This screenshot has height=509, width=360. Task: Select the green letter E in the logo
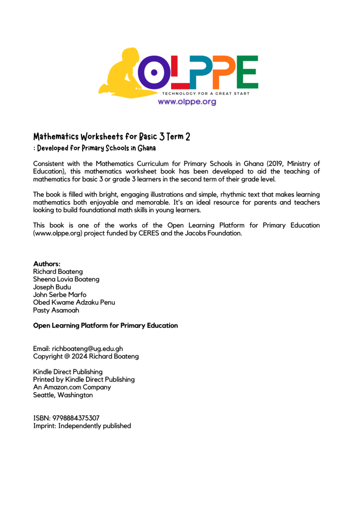[247, 72]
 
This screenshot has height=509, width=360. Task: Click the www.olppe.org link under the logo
[187, 102]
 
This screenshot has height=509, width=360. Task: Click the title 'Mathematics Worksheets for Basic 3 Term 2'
[112, 137]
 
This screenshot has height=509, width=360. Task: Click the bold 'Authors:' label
[47, 263]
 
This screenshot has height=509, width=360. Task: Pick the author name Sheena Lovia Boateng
[66, 279]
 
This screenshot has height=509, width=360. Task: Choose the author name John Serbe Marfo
[59, 295]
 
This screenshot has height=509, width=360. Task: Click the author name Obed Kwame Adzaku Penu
[74, 303]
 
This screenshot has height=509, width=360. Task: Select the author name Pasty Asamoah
[56, 310]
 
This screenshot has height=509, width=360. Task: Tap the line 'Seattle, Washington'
[63, 395]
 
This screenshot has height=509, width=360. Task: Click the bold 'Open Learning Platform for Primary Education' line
[105, 326]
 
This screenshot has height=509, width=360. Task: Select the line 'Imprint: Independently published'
[82, 426]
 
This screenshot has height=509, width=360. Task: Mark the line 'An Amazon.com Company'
[72, 387]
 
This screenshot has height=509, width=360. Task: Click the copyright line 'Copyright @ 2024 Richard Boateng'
[86, 356]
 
